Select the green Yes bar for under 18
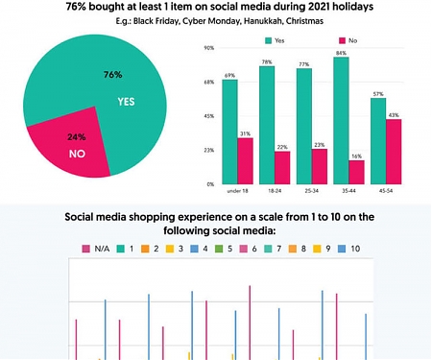229,131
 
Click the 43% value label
394,115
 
